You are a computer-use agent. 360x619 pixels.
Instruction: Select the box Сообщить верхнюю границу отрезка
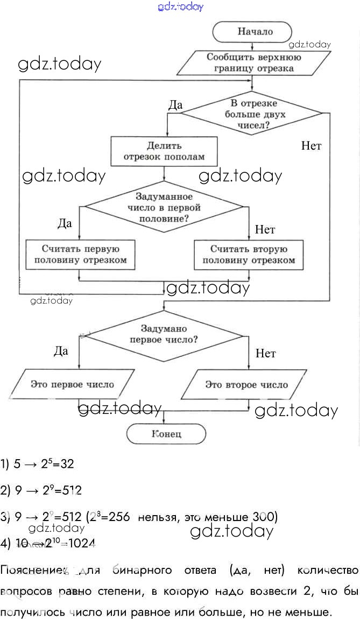pos(255,63)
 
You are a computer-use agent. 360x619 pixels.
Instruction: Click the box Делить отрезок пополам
pos(164,151)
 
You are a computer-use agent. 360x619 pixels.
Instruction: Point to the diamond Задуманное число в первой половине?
pos(164,206)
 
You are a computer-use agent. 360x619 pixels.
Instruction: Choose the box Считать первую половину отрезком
pos(80,255)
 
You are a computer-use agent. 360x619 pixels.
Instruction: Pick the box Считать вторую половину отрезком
pos(249,255)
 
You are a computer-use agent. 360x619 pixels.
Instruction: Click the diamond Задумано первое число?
pos(164,334)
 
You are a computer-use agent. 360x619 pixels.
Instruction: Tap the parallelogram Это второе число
pos(246,385)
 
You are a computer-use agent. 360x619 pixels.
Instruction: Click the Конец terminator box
pos(166,434)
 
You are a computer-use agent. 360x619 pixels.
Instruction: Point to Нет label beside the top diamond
pos(311,146)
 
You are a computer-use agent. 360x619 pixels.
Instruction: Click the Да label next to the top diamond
pos(175,105)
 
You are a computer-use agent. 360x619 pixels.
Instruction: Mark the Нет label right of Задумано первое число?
pos(265,354)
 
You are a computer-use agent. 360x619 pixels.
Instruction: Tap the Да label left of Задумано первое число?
pos(61,351)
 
